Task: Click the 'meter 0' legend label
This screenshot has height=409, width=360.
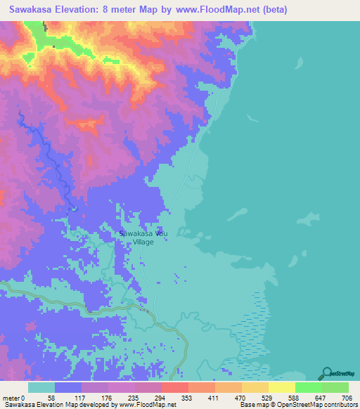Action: (x=14, y=398)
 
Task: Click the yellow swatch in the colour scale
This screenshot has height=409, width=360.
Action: (x=281, y=387)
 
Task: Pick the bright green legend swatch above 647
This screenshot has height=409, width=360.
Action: (x=308, y=387)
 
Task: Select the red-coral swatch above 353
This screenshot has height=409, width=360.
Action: (x=174, y=387)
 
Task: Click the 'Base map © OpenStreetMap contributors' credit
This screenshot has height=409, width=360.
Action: (x=298, y=405)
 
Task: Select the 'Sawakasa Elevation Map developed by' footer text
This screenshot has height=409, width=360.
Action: (x=59, y=405)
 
